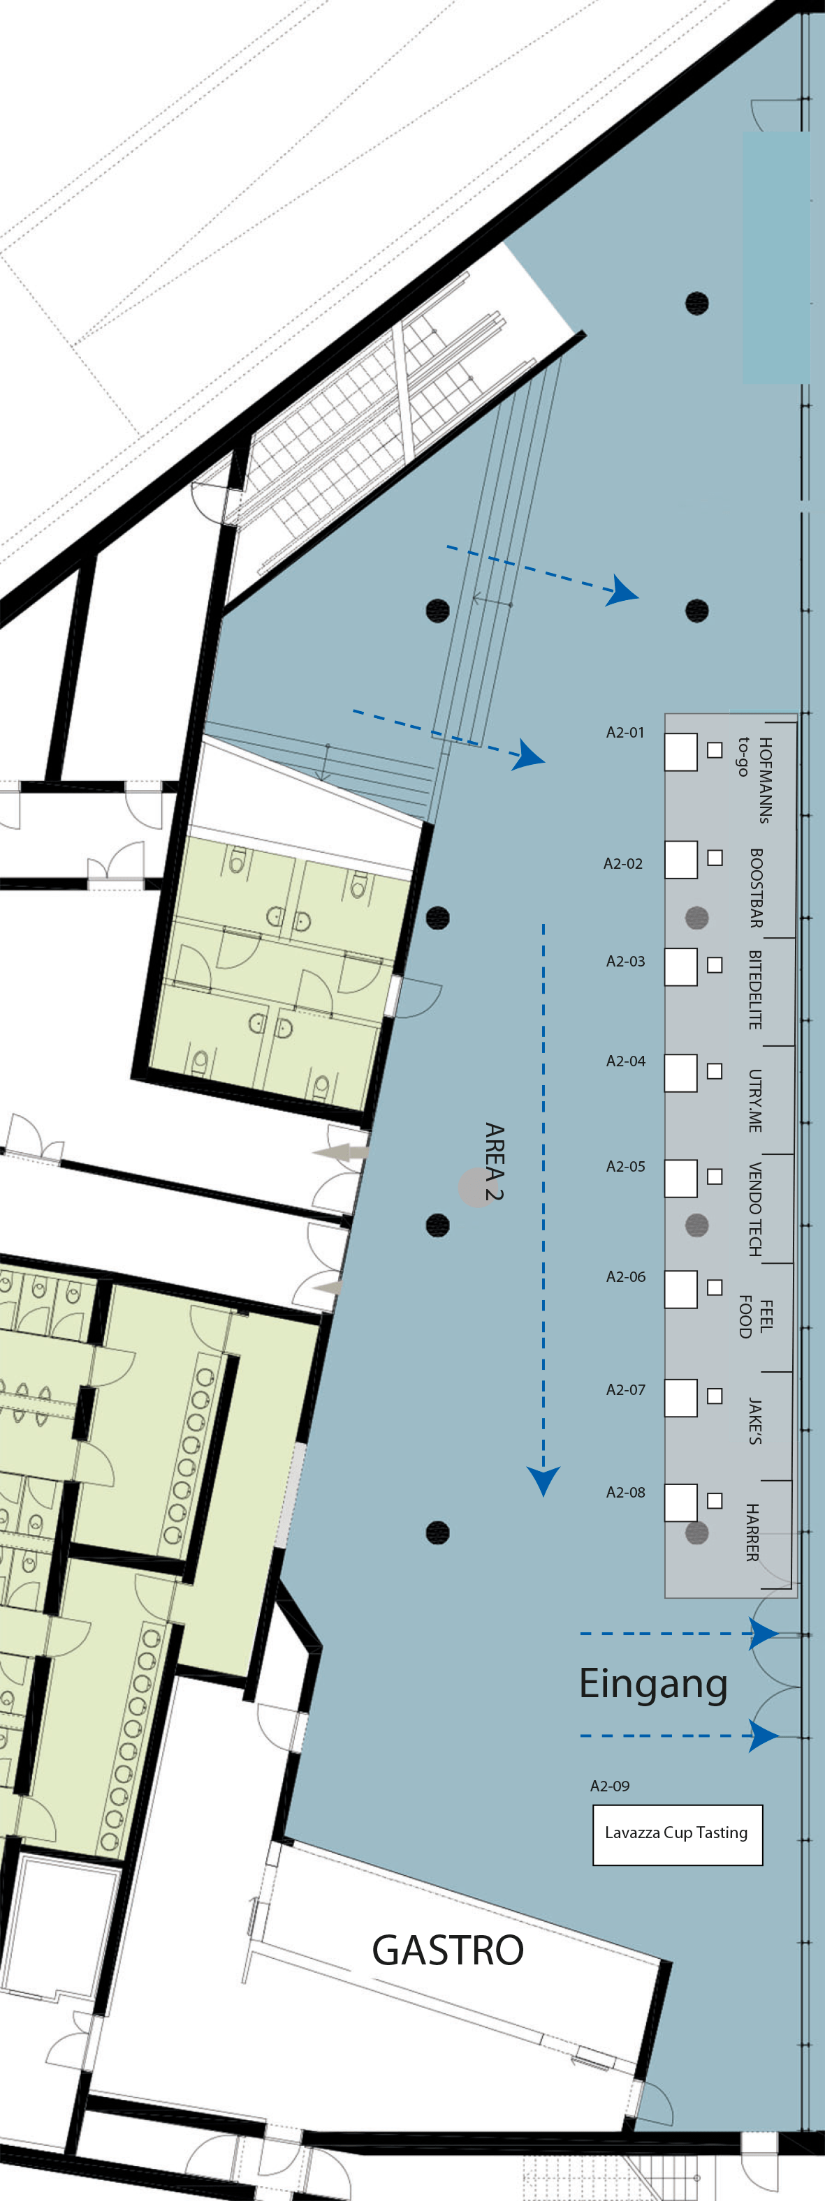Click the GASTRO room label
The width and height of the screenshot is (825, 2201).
point(448,1950)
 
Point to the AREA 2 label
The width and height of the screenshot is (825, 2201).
point(494,1162)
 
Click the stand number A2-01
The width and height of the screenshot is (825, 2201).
point(626,732)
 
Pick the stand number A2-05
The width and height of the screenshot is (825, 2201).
point(626,1166)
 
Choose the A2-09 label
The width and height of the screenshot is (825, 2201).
point(610,1786)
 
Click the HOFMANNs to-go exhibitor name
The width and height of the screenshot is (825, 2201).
point(756,779)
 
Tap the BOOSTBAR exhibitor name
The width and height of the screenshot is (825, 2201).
point(756,888)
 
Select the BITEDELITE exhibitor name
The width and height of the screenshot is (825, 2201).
point(755,990)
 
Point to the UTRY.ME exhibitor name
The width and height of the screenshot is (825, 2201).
point(755,1100)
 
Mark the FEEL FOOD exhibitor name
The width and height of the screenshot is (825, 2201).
point(756,1317)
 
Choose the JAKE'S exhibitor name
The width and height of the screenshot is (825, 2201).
point(755,1421)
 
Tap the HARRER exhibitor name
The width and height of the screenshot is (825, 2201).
point(752,1533)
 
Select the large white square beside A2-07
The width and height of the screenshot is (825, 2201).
point(680,1398)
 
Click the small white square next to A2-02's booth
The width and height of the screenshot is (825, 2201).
point(715,857)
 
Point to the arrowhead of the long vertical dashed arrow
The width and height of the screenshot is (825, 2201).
point(543,1482)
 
